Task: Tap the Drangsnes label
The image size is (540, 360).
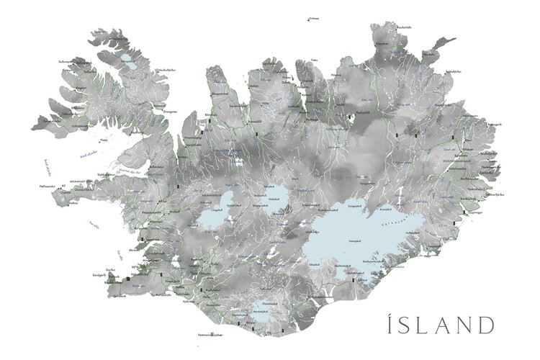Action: click(x=170, y=112)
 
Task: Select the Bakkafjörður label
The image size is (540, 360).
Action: click(x=453, y=72)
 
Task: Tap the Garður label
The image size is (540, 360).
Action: click(x=110, y=269)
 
